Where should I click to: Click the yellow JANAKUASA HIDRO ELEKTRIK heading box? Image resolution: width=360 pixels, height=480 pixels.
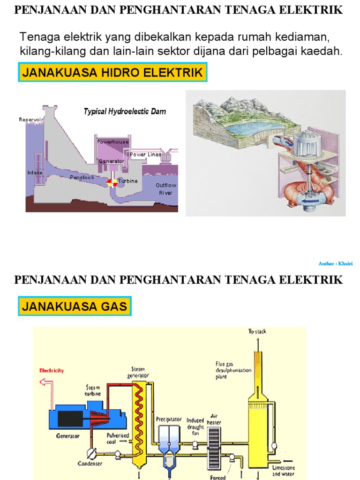(x=112, y=73)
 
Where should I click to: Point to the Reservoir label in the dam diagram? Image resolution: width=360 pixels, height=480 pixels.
(x=31, y=120)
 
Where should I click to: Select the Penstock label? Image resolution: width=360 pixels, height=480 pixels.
(x=82, y=177)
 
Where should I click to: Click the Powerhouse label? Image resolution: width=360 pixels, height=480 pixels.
(x=112, y=142)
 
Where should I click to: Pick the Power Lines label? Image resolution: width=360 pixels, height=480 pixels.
(x=145, y=154)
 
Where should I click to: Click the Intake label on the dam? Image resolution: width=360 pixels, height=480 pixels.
(x=35, y=172)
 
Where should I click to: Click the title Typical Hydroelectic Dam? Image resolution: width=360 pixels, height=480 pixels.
(x=125, y=112)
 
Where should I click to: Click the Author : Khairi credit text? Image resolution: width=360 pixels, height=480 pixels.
(x=335, y=264)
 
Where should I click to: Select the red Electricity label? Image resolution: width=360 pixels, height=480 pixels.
(x=51, y=371)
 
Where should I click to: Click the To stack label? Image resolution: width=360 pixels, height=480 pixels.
(x=257, y=332)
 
